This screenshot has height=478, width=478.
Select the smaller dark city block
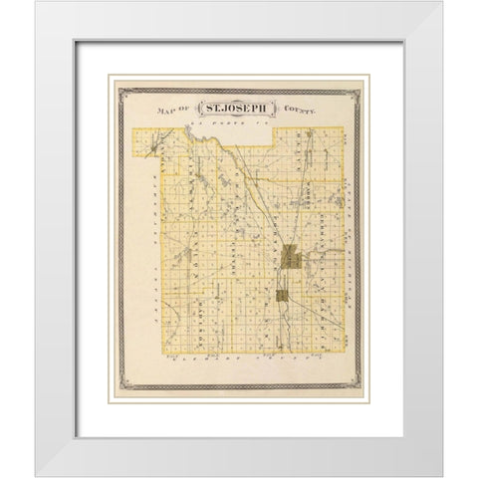[282, 295]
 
